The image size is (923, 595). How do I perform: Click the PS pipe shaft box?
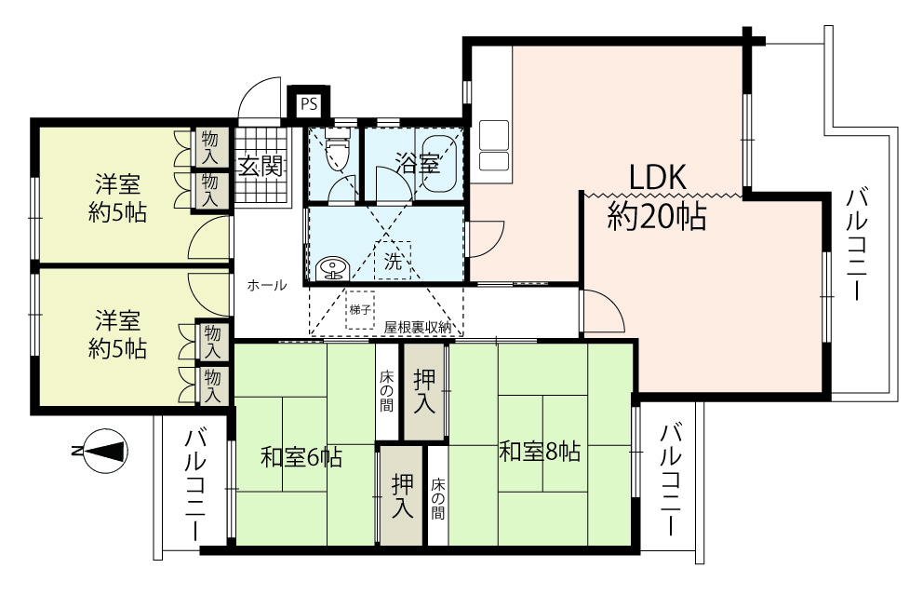point(309,104)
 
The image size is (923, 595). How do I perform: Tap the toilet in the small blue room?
point(338,151)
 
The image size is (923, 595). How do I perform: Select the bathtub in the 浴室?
point(439,163)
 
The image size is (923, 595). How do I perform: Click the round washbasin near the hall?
point(332,270)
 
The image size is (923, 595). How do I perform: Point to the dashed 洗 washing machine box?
point(393,261)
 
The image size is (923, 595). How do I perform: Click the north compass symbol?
point(105,451)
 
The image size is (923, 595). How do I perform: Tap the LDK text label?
point(658,177)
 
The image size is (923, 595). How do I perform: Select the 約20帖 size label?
point(657,216)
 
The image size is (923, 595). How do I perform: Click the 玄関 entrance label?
point(261,166)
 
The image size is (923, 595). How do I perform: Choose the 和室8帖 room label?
point(540,452)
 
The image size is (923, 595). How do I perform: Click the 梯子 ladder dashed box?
point(360,309)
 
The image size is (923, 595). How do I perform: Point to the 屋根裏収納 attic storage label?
point(418,328)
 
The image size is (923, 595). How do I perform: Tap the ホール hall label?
point(267,286)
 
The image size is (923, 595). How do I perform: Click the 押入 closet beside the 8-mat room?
point(424,391)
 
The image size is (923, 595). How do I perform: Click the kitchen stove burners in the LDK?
point(494,145)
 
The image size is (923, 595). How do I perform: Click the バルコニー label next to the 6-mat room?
point(196,485)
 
